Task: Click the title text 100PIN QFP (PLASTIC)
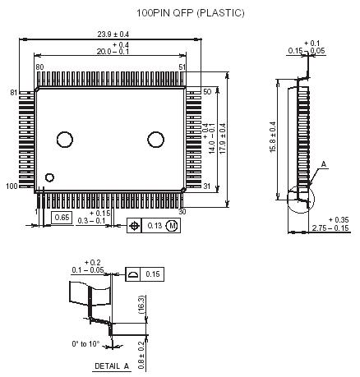(x=179, y=14)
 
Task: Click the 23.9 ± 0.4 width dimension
(x=113, y=34)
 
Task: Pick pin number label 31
(x=206, y=186)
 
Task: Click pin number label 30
(x=182, y=211)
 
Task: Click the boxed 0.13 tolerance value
(x=155, y=225)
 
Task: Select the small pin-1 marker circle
(x=50, y=177)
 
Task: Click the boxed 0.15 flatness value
(x=154, y=274)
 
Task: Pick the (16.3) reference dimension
(x=141, y=303)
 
